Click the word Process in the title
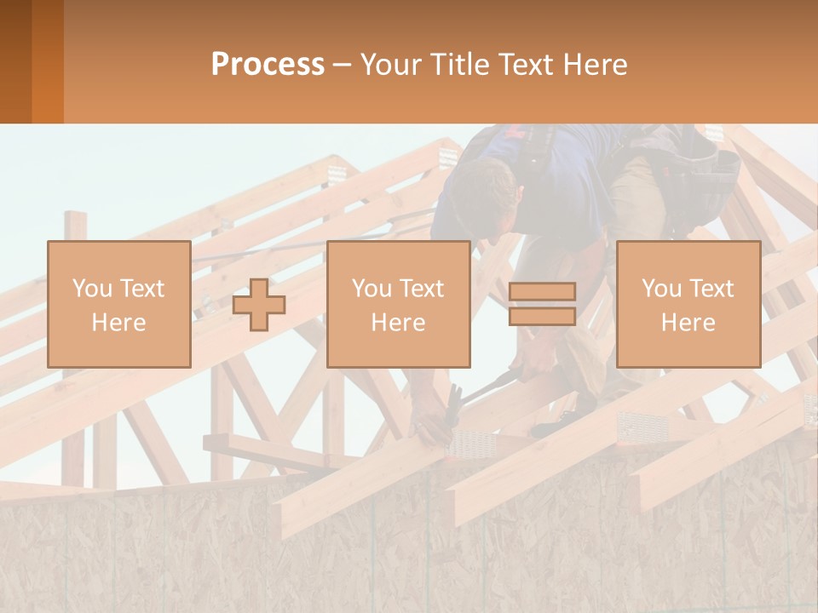point(268,65)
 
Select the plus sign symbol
point(260,305)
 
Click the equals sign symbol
point(542,305)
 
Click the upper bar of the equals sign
point(542,292)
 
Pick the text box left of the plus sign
point(119,305)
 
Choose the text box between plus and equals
point(398,305)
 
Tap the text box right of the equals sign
point(688,305)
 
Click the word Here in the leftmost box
point(119,323)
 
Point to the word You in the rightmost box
point(661,289)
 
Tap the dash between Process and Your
point(343,65)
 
